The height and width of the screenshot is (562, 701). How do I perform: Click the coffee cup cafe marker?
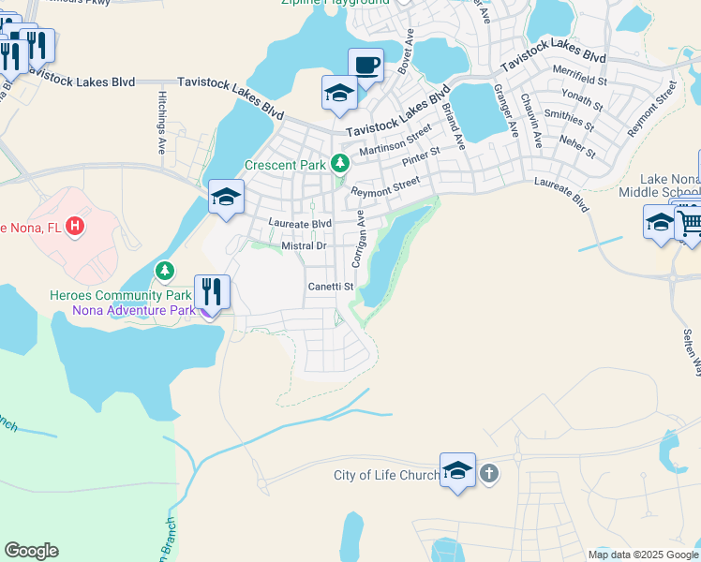tap(366, 66)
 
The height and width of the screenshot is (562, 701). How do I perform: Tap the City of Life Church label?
tap(386, 475)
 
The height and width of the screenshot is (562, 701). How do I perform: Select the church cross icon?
tap(488, 474)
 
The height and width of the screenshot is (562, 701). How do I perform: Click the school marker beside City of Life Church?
tap(457, 470)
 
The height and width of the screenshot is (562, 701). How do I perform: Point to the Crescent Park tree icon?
tap(339, 164)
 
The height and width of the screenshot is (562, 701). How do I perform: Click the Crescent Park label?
tap(285, 165)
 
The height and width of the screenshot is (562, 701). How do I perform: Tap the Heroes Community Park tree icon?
tap(165, 272)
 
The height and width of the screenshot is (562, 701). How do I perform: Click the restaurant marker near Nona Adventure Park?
tap(213, 292)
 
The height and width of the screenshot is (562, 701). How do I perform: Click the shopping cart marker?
tap(690, 223)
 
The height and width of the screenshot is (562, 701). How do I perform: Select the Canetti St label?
tap(331, 287)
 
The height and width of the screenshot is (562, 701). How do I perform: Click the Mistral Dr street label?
tap(303, 245)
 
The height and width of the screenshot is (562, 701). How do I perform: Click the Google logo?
tap(31, 551)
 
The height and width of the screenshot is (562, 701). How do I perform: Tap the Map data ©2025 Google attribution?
tap(642, 555)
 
